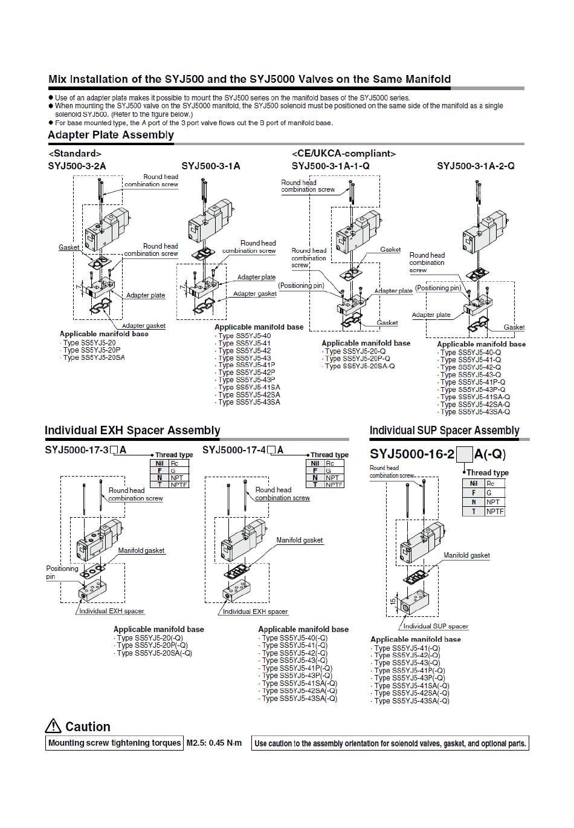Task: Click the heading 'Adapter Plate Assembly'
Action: [111, 135]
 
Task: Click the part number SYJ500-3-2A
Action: [77, 166]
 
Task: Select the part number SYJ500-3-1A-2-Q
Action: [476, 166]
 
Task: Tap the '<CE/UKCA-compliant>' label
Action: [343, 154]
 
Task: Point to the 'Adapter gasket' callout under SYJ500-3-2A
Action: [144, 325]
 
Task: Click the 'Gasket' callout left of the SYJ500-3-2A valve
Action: [69, 247]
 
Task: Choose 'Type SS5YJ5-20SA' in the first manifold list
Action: [94, 357]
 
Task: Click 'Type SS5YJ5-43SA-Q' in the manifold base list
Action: [475, 412]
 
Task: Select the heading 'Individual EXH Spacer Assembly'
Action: [132, 430]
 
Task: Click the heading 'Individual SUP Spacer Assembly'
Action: [444, 430]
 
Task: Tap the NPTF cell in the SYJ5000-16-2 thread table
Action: [495, 511]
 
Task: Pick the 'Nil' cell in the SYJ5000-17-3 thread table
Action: [160, 463]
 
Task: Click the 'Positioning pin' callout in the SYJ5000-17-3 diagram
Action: [62, 572]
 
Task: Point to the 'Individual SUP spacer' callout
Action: [436, 626]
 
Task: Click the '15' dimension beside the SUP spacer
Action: [393, 601]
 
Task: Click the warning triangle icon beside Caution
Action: [53, 726]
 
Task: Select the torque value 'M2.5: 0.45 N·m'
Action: [214, 743]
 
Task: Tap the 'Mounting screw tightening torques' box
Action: [114, 743]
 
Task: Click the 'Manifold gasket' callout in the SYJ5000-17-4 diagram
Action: [299, 540]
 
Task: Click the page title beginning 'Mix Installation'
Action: [249, 79]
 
